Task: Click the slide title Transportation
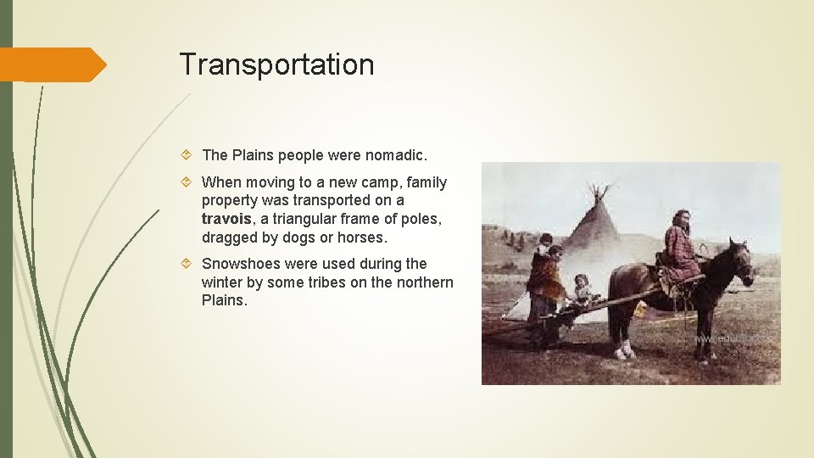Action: [276, 64]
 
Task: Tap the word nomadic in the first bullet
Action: [396, 155]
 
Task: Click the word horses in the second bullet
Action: [362, 237]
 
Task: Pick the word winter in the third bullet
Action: [222, 282]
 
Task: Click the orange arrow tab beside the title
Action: [53, 64]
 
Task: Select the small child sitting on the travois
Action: [583, 288]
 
